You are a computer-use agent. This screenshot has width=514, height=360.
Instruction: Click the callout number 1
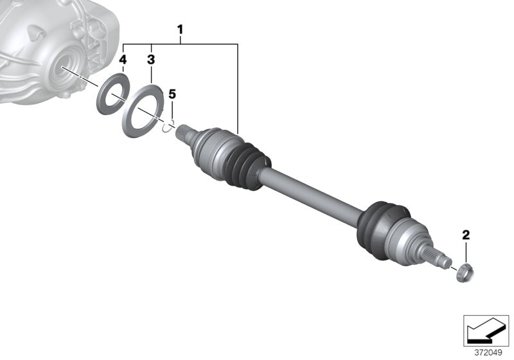(181, 29)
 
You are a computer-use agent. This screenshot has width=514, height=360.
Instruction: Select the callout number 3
(151, 60)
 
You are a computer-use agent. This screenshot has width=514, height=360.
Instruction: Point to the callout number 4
(123, 60)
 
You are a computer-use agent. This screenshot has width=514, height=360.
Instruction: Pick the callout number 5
(172, 94)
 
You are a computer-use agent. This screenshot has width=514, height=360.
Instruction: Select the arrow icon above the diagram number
(486, 330)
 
